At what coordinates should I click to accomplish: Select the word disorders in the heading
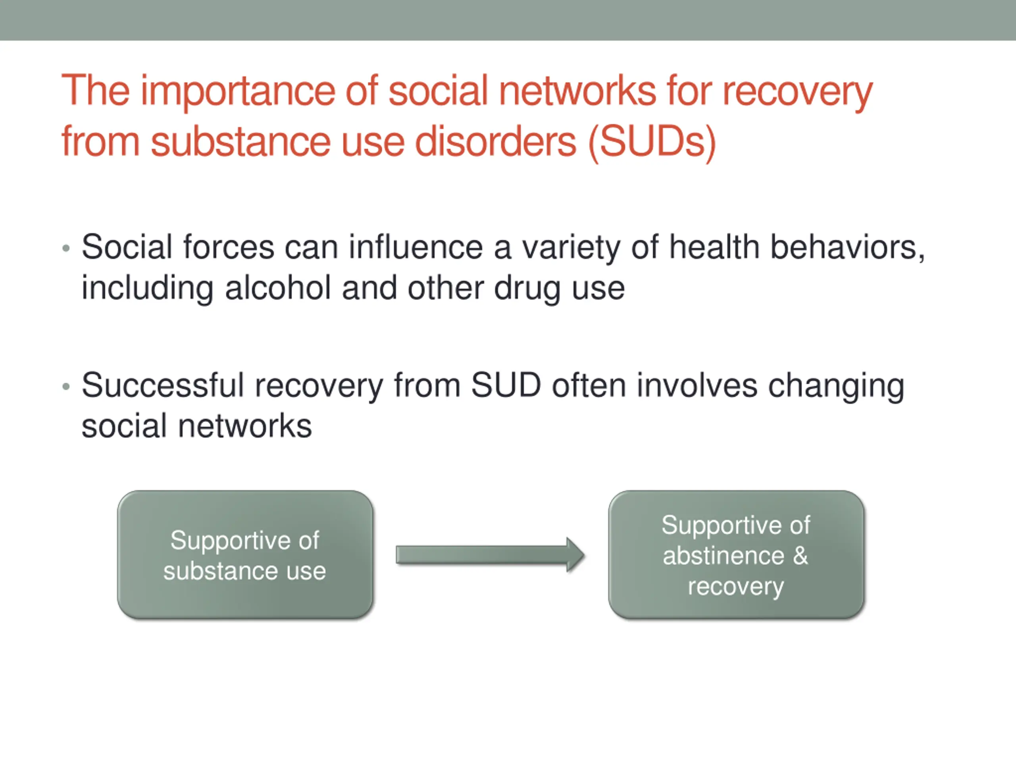click(x=496, y=141)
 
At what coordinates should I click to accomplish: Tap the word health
click(x=714, y=247)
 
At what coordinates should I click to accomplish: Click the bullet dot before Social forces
click(x=66, y=248)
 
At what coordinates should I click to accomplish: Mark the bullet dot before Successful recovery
click(x=66, y=386)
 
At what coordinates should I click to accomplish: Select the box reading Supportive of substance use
click(x=245, y=554)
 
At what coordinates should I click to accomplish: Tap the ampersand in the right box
click(x=800, y=555)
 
